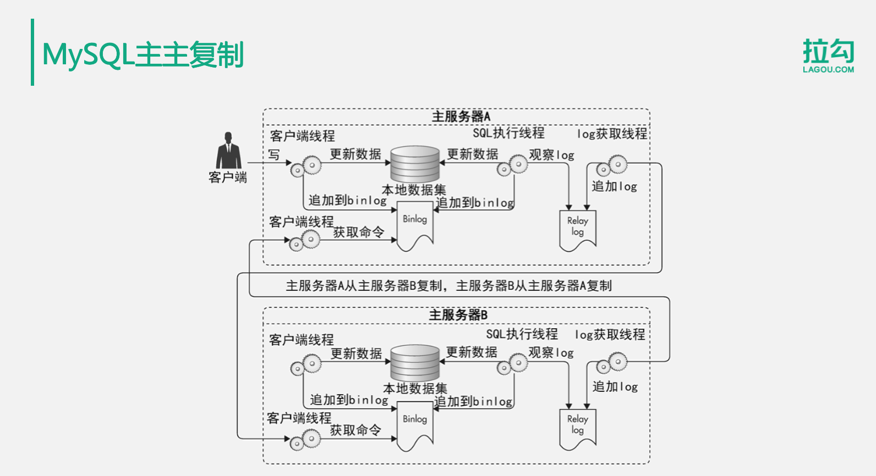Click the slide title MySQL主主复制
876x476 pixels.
(143, 54)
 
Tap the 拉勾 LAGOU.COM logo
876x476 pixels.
(828, 56)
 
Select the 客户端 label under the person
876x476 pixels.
(227, 177)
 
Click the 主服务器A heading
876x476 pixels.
(461, 117)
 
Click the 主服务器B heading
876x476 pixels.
(458, 315)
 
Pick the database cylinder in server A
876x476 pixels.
(414, 163)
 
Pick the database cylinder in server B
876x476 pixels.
(414, 362)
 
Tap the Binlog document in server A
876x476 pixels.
(415, 225)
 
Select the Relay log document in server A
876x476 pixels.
(578, 229)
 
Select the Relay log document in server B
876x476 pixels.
(578, 427)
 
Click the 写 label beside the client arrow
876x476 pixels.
(274, 154)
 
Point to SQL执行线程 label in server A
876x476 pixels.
(508, 133)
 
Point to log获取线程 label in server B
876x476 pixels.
(610, 334)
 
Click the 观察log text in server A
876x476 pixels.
(551, 155)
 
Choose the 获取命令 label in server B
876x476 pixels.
(355, 430)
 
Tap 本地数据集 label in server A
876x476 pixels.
(414, 190)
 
